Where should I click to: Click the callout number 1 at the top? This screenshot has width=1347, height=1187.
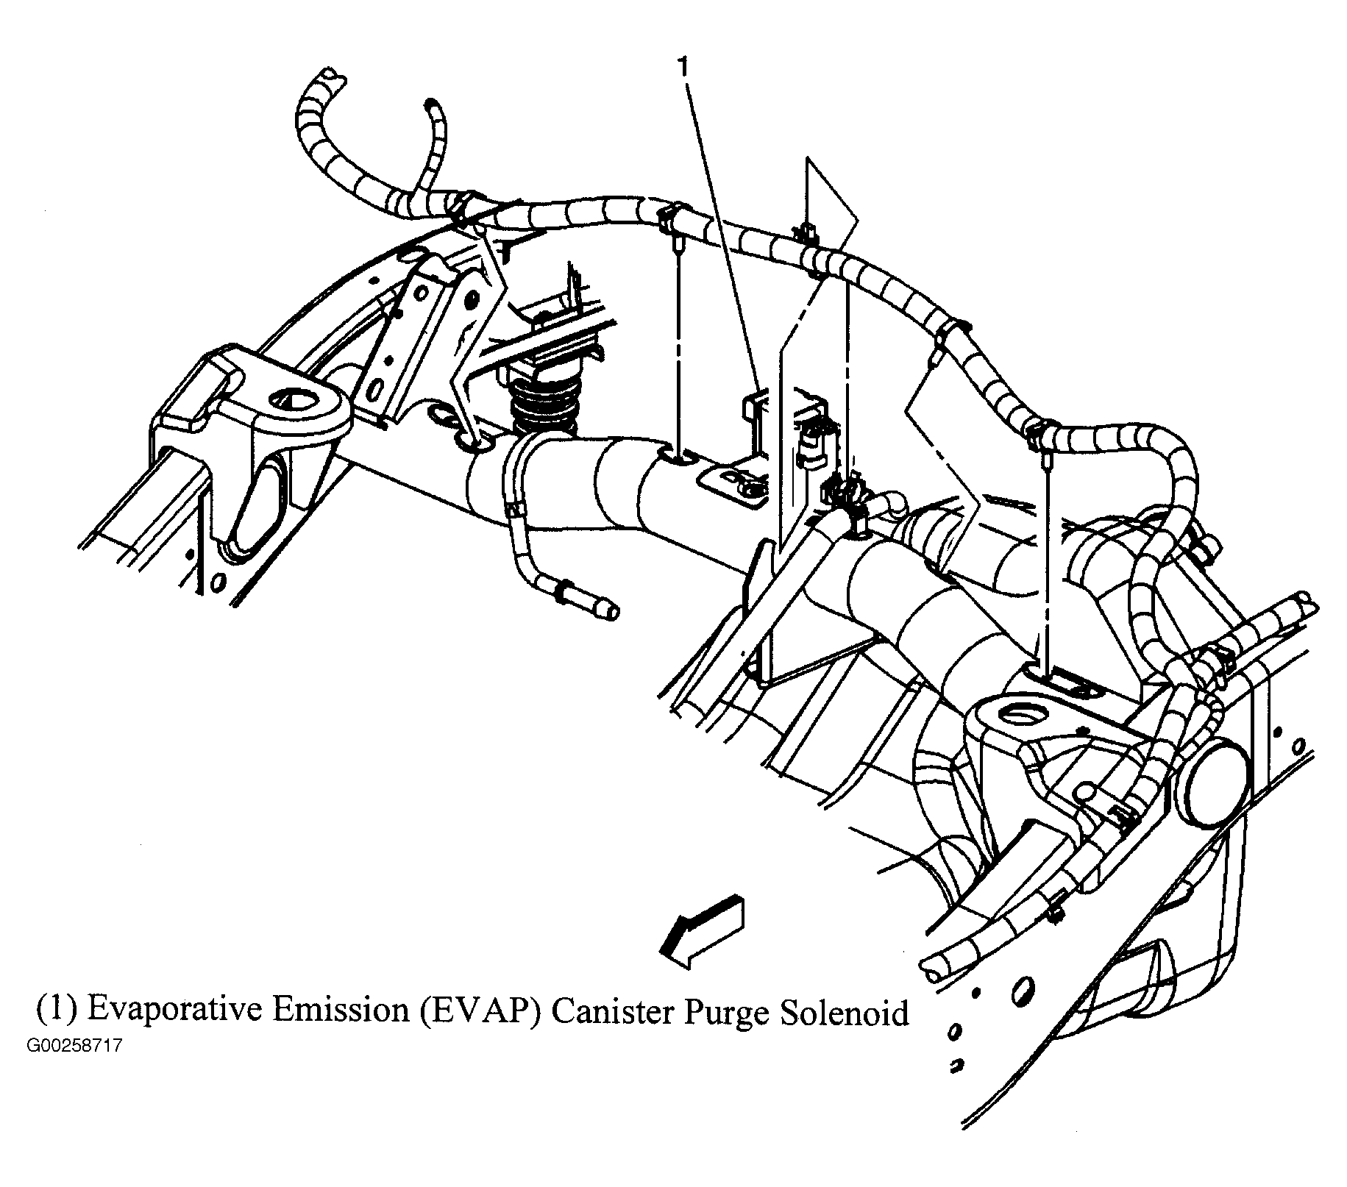[685, 68]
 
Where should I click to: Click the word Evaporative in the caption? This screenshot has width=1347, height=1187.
[173, 1012]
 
